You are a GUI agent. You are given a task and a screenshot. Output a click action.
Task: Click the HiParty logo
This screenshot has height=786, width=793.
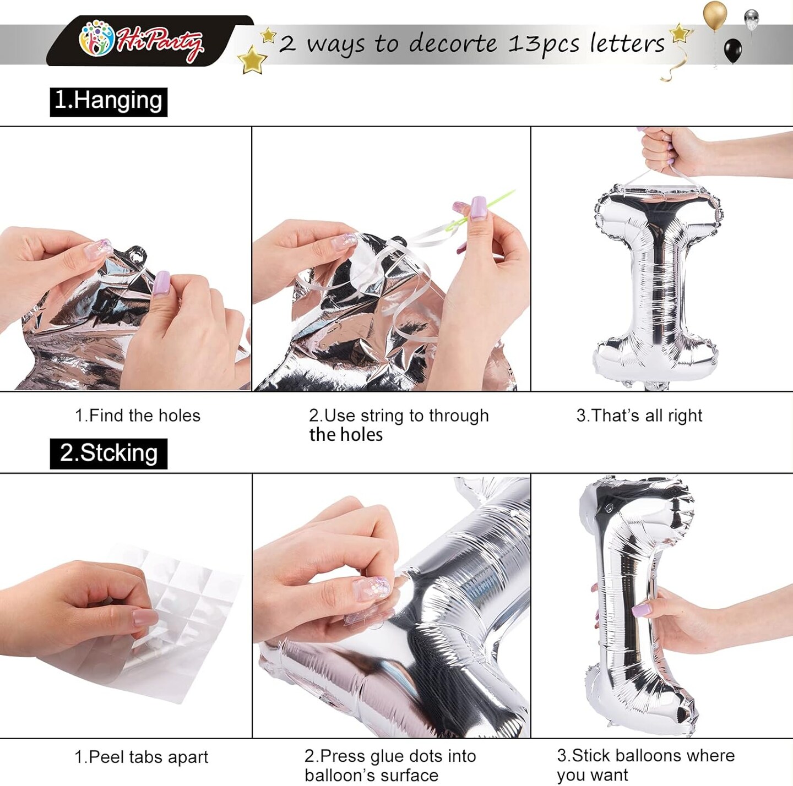[141, 41]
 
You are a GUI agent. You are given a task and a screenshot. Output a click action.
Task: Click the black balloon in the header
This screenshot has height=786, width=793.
[732, 51]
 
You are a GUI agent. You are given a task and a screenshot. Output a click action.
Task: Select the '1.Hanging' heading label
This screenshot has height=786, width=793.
[108, 102]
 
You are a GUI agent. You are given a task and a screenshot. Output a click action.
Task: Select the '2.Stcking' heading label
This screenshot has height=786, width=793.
[108, 453]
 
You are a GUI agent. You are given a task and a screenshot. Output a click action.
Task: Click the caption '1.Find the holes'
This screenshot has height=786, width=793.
[138, 416]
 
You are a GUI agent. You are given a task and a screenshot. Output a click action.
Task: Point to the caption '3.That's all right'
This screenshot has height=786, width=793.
[639, 416]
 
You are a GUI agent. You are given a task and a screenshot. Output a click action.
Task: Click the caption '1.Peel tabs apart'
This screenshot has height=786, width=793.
[141, 757]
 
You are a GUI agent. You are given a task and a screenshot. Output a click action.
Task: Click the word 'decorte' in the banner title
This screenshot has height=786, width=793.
[453, 43]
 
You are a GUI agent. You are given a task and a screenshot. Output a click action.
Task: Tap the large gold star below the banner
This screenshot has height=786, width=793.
[252, 60]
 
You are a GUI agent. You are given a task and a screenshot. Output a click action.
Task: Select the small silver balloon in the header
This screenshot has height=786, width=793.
[752, 20]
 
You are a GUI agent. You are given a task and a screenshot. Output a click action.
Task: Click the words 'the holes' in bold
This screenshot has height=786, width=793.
[346, 435]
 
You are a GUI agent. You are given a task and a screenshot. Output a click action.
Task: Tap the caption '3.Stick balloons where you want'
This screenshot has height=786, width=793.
[645, 765]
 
